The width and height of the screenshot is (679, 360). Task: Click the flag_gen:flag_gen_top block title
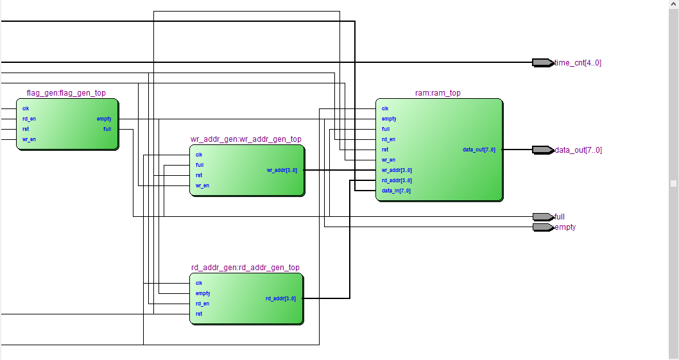[66, 93]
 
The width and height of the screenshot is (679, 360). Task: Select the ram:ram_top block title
[438, 93]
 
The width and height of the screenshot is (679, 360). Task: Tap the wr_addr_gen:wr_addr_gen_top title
[246, 139]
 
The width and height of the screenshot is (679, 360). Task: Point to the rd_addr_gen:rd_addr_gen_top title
[245, 268]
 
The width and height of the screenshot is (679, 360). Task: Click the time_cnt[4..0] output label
[578, 63]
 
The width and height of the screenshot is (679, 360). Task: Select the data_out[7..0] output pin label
[578, 150]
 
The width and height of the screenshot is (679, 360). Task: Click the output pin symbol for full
[542, 217]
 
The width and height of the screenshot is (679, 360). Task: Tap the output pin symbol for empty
[542, 227]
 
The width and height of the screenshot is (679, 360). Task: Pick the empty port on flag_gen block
[104, 119]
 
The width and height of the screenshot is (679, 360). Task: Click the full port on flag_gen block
[107, 129]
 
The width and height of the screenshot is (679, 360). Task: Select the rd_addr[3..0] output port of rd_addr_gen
[280, 298]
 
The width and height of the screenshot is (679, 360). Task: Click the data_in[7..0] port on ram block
[396, 191]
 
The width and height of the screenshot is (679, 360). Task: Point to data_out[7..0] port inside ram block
[478, 150]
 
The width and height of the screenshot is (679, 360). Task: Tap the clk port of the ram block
[385, 108]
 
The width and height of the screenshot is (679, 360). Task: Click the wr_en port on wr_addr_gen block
[202, 185]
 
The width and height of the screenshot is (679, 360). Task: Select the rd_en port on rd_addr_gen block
[202, 304]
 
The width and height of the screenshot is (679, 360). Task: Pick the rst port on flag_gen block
[26, 129]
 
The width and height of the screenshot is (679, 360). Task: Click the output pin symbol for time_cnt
[542, 63]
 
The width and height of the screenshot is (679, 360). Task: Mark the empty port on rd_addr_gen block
[203, 293]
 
